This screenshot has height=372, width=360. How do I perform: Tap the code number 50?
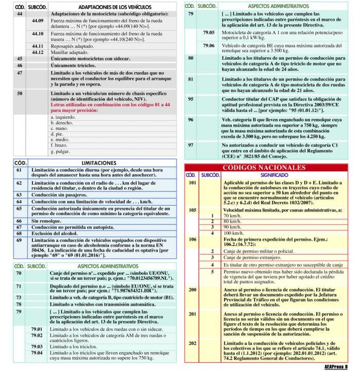point(20,94)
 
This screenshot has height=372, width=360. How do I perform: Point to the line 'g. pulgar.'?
point(60,151)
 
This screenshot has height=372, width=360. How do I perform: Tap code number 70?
point(19,273)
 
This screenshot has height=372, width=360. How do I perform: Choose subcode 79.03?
point(37,347)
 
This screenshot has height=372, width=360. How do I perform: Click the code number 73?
point(19,297)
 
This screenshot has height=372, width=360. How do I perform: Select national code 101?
point(192,183)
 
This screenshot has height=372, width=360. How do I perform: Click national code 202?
point(192,343)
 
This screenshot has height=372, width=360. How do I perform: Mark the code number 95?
point(191,98)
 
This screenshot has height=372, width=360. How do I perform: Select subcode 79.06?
point(208,45)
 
